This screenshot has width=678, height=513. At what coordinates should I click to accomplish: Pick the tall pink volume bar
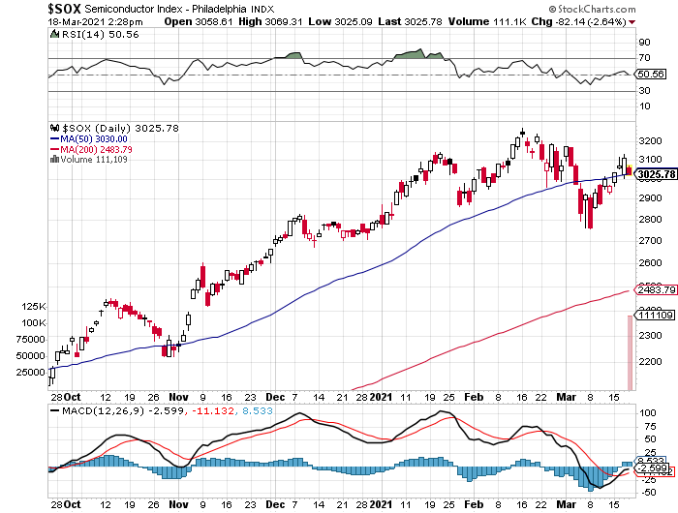(x=631, y=352)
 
